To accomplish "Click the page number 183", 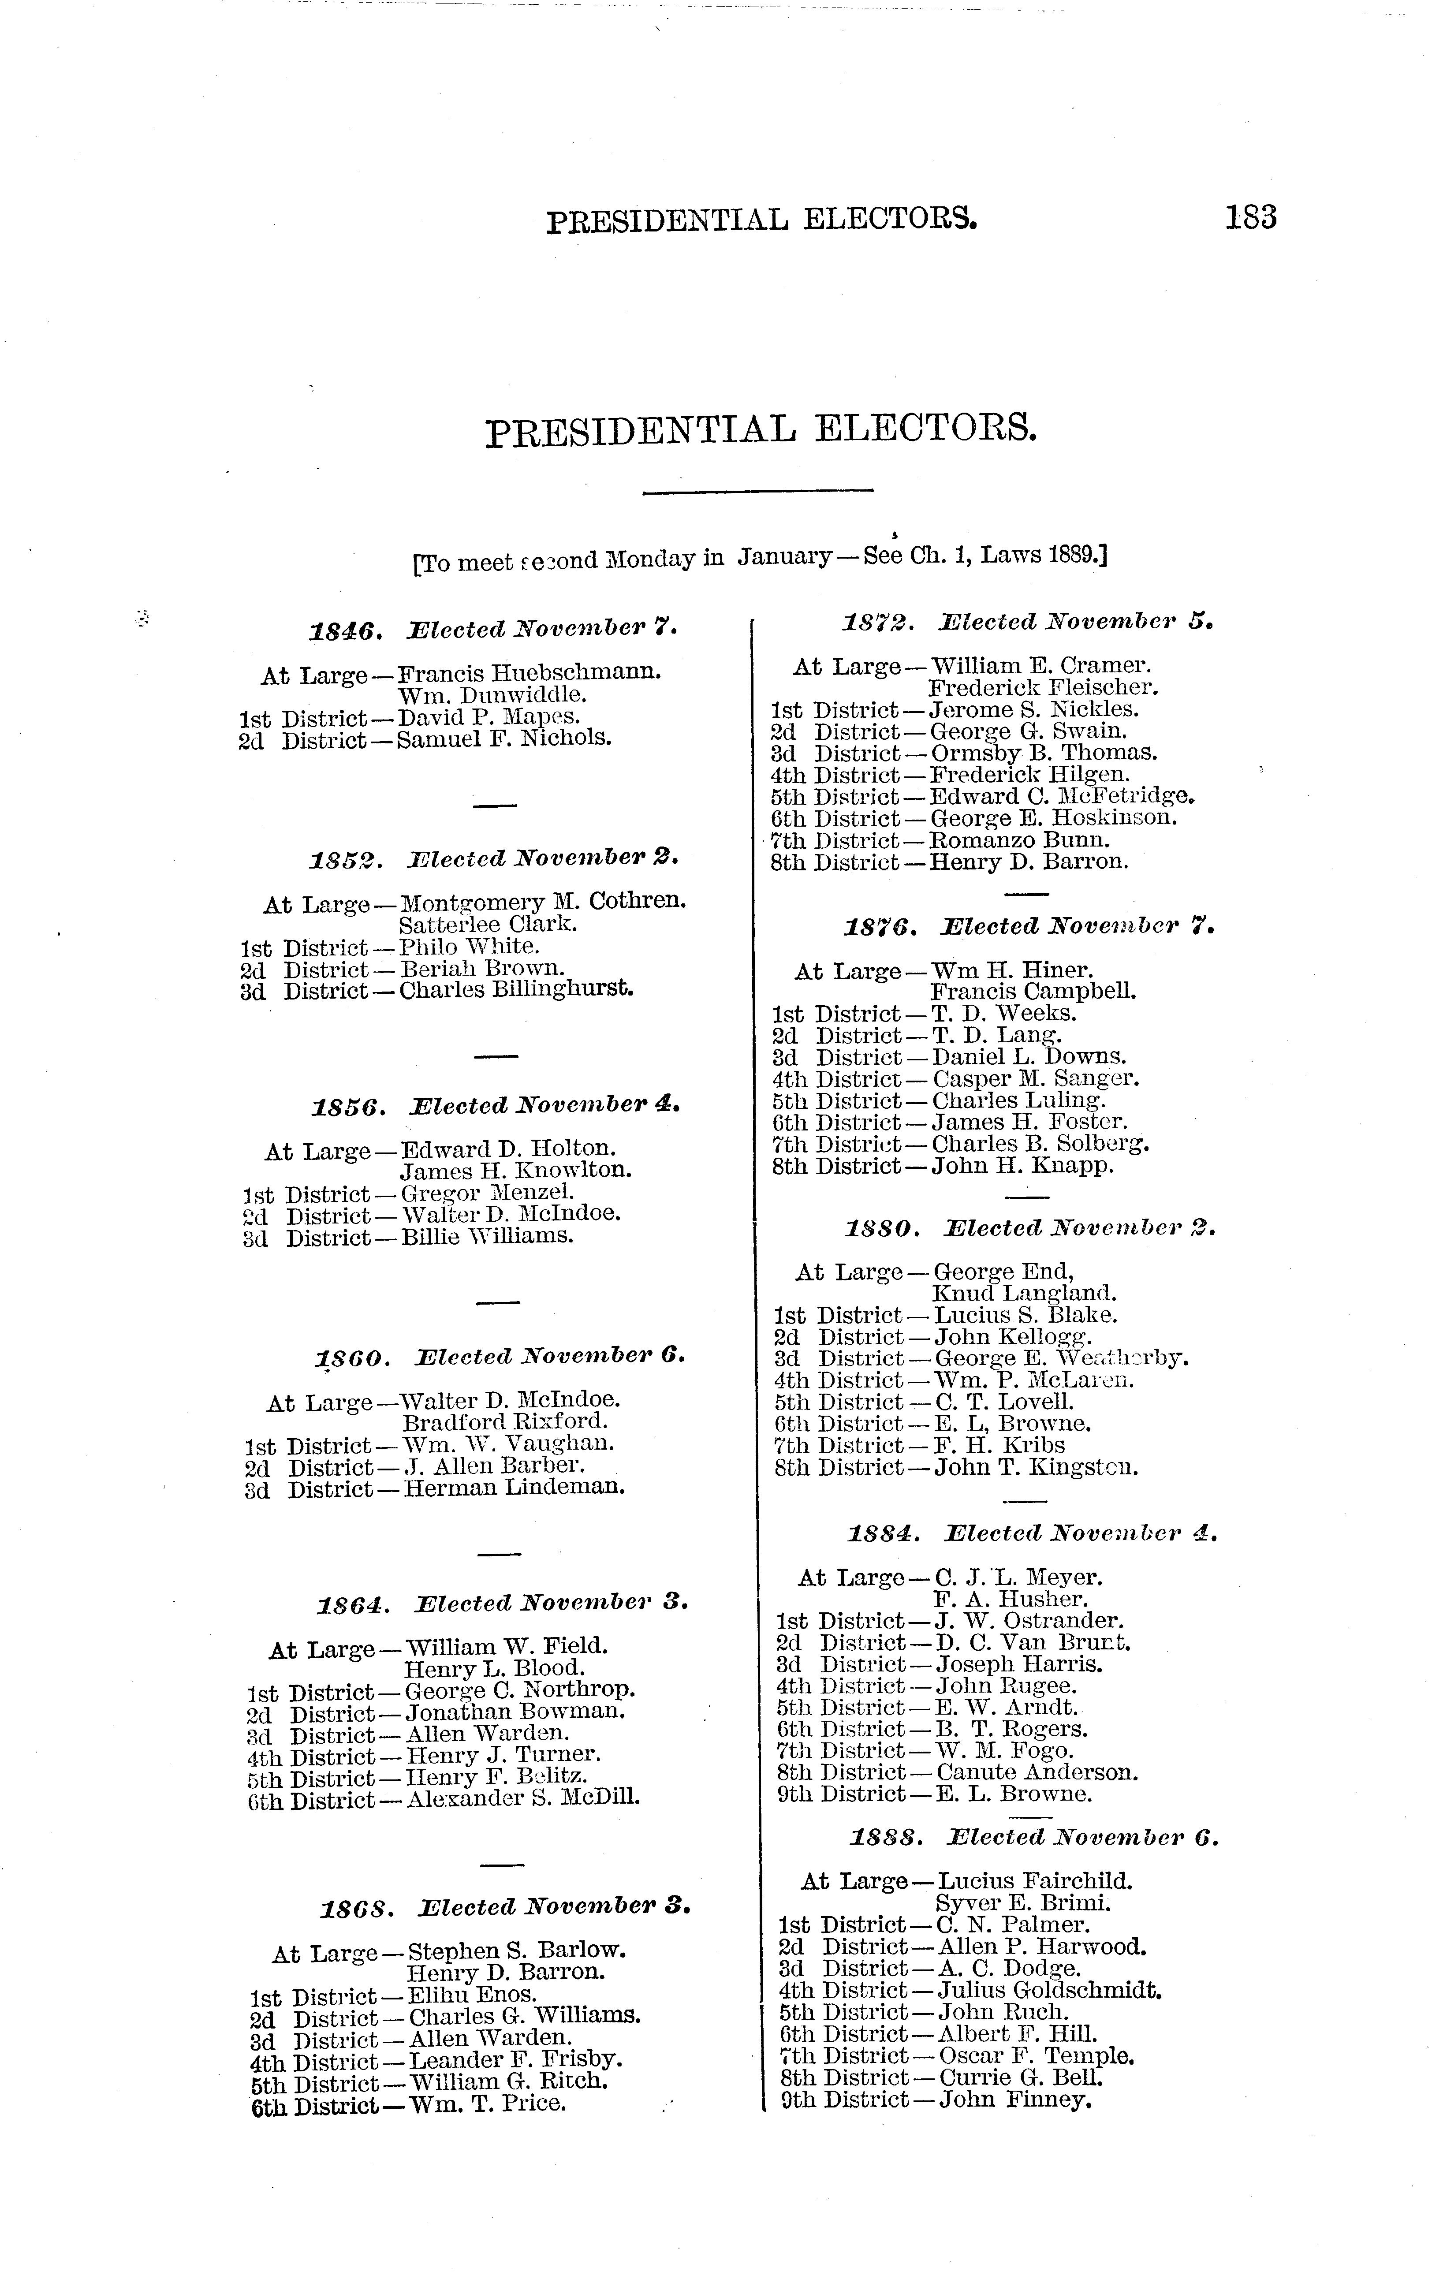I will pyautogui.click(x=1251, y=218).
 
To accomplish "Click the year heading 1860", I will pyautogui.click(x=351, y=1358).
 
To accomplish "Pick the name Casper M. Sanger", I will pyautogui.click(x=1035, y=1079).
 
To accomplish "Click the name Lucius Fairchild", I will pyautogui.click(x=1034, y=1881).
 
